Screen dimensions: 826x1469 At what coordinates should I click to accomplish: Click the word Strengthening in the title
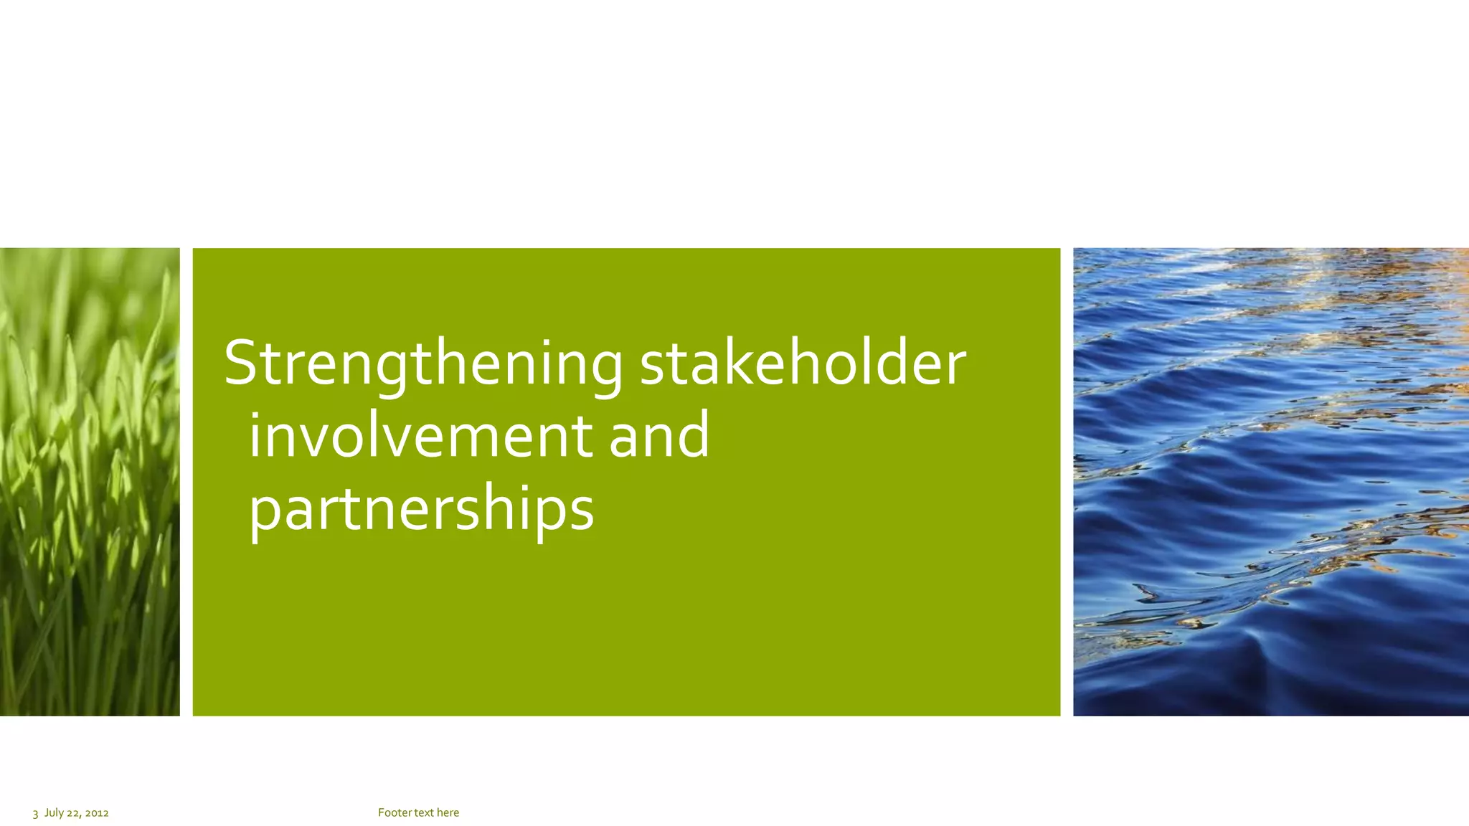423,364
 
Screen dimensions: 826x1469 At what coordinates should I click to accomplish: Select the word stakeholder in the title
803,363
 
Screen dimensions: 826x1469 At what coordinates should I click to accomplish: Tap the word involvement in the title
420,435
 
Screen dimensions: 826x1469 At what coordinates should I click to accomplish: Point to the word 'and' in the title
659,435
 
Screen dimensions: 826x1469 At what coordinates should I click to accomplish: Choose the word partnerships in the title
421,508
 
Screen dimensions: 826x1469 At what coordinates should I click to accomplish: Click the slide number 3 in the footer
35,813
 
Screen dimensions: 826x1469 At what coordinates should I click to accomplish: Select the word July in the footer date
55,812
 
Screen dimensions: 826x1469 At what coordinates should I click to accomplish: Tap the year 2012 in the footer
97,813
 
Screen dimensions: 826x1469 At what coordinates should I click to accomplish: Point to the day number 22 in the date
73,813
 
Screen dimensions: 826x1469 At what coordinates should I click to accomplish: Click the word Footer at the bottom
395,812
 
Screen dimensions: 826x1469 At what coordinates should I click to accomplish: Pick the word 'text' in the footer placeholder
424,812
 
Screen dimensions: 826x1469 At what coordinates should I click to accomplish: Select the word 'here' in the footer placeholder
448,812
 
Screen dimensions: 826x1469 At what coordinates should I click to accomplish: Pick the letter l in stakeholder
880,361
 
